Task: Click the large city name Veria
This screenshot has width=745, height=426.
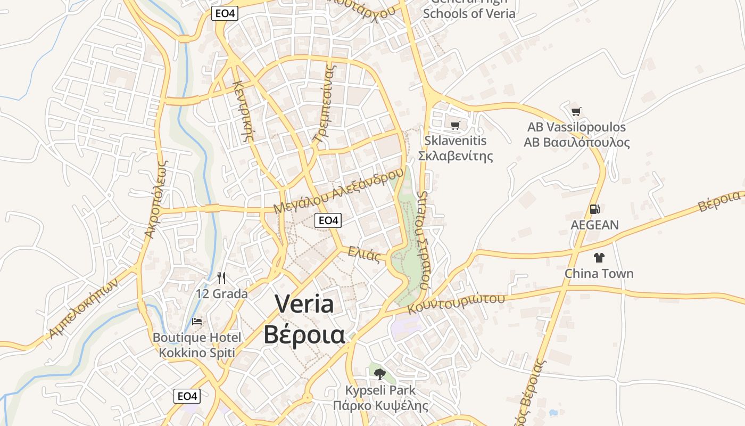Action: [x=304, y=304]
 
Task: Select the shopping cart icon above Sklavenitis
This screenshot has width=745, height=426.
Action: [x=455, y=125]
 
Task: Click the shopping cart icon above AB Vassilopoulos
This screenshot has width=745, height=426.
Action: [x=576, y=111]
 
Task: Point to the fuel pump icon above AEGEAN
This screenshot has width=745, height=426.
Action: [x=594, y=209]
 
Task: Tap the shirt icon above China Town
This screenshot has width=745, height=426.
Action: [x=599, y=258]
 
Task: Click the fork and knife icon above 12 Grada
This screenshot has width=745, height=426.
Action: [x=221, y=278]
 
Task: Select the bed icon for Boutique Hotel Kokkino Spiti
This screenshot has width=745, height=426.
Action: [x=197, y=322]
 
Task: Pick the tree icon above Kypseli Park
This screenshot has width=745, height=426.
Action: [x=379, y=374]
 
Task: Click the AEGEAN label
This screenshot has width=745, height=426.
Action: [x=594, y=225]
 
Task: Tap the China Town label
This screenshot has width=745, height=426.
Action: [x=599, y=274]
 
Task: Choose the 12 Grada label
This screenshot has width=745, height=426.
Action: [x=222, y=293]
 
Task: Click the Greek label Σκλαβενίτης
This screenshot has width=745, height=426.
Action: [x=455, y=156]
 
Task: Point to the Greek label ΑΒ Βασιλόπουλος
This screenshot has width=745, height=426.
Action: [x=576, y=143]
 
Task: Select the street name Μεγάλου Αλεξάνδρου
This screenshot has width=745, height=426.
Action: [x=338, y=191]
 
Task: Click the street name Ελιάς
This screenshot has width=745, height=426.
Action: [x=364, y=255]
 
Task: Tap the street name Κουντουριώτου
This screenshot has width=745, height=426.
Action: [x=456, y=304]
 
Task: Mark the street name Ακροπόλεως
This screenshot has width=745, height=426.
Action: [x=156, y=200]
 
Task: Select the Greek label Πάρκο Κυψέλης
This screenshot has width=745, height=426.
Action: [x=380, y=406]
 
